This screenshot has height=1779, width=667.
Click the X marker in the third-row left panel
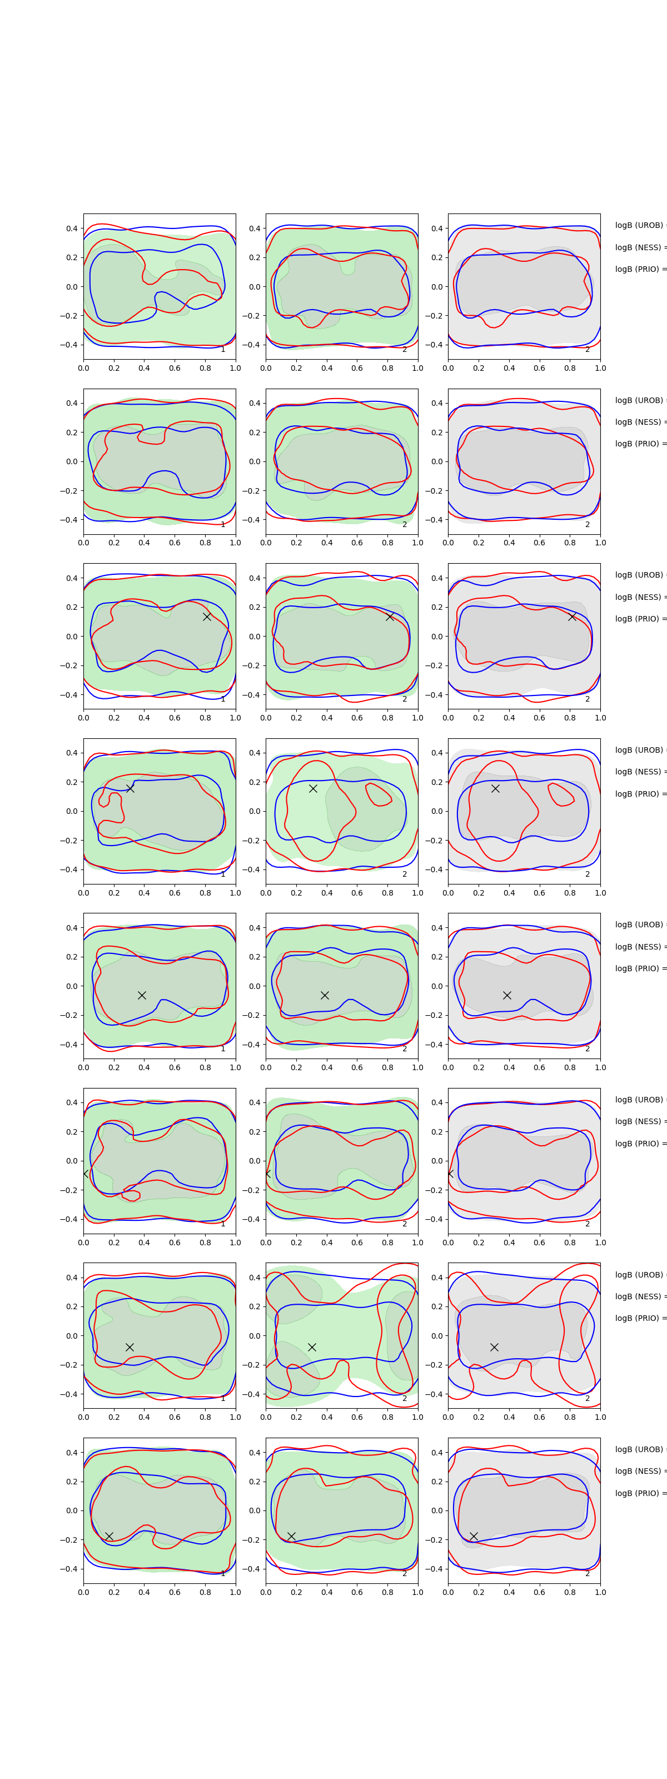pos(206,616)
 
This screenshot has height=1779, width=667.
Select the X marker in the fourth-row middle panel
pos(313,788)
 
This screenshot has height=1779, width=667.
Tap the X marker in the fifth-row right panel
pos(507,995)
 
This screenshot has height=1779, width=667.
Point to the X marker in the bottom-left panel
pos(109,1536)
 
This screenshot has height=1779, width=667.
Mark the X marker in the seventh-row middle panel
pos(312,1346)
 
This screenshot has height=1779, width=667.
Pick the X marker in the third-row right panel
pos(572,616)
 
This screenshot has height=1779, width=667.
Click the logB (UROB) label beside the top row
pos(639,225)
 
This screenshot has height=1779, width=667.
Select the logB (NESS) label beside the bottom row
pos(639,1471)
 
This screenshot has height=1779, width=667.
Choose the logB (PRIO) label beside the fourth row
pos(639,793)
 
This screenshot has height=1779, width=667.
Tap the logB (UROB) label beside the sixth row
pos(639,1100)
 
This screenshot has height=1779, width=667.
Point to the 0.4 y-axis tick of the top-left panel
pos(72,228)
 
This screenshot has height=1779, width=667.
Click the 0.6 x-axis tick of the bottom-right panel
pos(539,1592)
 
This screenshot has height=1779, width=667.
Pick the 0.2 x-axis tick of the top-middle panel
pos(296,368)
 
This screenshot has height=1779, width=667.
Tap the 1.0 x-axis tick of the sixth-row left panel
pos(236,1243)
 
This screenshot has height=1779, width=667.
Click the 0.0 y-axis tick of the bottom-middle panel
pos(255,1510)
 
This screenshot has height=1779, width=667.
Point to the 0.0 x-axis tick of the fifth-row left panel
pos(83,1067)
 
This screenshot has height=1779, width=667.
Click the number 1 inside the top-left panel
pos(222,350)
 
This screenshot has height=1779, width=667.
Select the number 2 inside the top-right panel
pos(588,350)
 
